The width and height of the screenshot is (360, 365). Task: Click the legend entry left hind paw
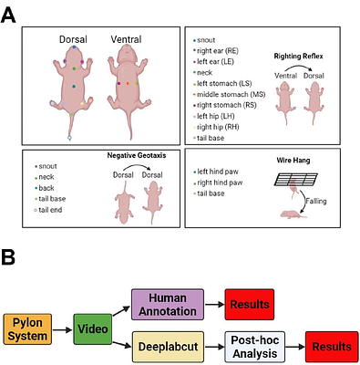click(x=221, y=172)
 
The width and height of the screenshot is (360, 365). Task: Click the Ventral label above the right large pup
click(x=126, y=39)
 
